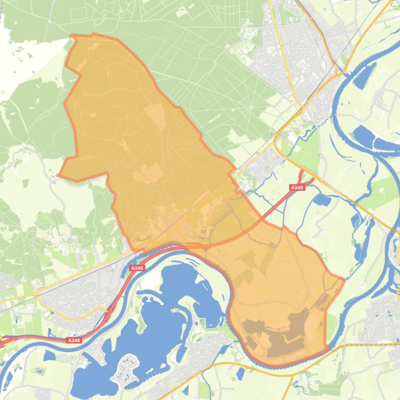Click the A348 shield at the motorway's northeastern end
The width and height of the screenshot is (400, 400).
(x=297, y=187)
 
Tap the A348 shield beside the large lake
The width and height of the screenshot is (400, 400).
(x=137, y=268)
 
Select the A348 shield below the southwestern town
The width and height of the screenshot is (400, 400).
(x=74, y=340)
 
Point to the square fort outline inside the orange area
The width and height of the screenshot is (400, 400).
(x=203, y=231)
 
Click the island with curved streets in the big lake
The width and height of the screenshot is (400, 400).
(x=126, y=371)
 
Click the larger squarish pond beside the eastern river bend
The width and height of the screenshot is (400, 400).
(x=364, y=136)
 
